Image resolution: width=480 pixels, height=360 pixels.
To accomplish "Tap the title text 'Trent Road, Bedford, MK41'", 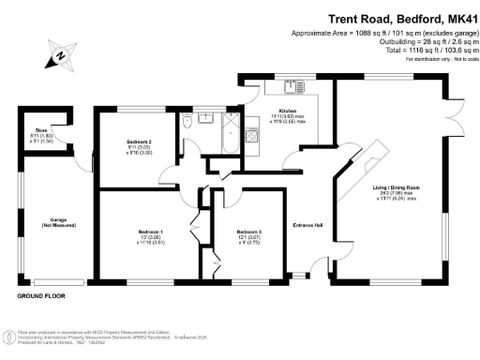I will (404, 18).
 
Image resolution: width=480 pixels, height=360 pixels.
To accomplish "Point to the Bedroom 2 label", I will (139, 145).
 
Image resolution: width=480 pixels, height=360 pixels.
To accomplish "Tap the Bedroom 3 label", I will (248, 234).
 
